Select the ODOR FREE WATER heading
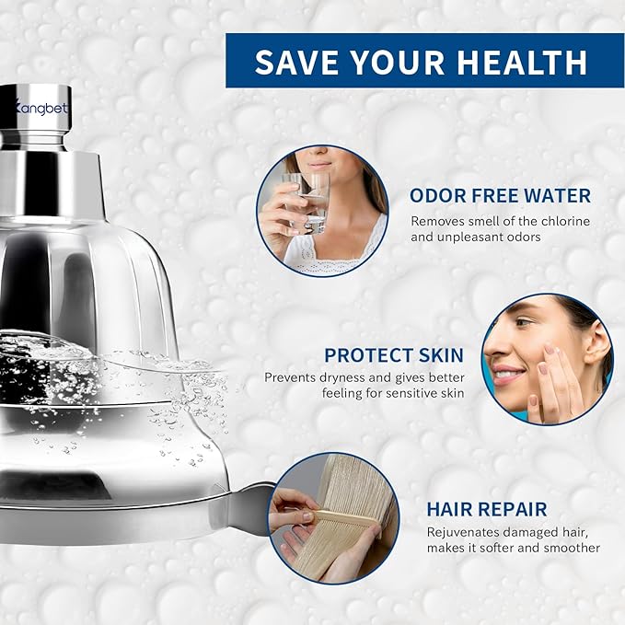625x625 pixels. coord(500,195)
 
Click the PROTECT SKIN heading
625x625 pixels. coord(394,354)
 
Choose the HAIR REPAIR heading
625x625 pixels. coord(486,509)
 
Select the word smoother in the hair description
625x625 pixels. coord(572,548)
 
